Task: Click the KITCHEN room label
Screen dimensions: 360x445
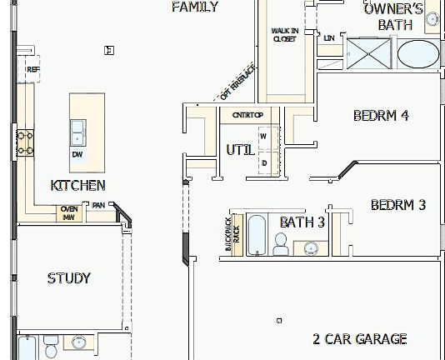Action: [x=77, y=185]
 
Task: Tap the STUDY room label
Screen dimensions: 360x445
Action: [x=69, y=278]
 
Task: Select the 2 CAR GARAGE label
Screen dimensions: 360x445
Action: [x=360, y=338]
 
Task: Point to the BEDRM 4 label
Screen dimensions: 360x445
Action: [x=381, y=116]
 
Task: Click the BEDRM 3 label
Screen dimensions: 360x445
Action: [x=398, y=204]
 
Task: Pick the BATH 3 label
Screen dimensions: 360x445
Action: [x=302, y=222]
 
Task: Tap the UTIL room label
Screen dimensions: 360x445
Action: [x=241, y=150]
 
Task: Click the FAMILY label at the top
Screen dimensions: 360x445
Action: [x=195, y=7]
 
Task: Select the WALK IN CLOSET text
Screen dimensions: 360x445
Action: [x=284, y=34]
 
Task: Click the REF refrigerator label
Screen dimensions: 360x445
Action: [x=32, y=69]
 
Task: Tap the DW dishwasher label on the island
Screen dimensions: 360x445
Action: [x=77, y=154]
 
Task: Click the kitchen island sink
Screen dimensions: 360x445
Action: [x=77, y=131]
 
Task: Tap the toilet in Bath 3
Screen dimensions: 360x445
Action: [x=281, y=244]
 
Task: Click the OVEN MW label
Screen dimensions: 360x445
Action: [x=69, y=212]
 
